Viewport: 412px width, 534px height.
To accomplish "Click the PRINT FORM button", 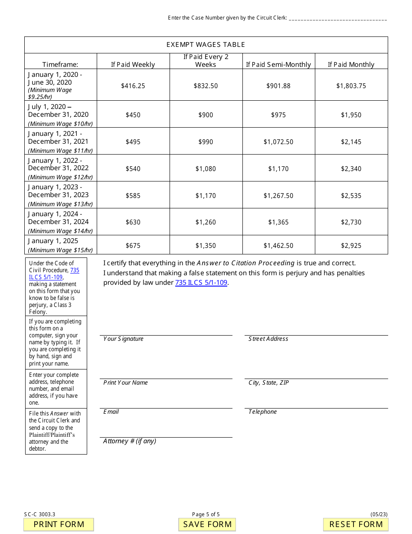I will [x=59, y=524].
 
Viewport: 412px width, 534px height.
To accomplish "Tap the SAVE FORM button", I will [x=207, y=524].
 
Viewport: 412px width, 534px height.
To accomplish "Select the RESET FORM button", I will [x=356, y=524].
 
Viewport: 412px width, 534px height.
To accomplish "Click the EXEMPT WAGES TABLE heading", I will [x=206, y=45].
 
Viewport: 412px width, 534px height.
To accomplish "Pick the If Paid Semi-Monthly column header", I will [x=278, y=64].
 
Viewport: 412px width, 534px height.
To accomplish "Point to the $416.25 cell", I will [x=133, y=86].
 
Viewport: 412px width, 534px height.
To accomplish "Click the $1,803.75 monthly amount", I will [x=351, y=86].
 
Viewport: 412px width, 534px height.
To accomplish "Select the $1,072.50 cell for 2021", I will [x=278, y=142].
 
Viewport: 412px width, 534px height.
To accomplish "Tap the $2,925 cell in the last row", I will [x=351, y=245].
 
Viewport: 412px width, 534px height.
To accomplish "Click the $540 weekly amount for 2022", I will [x=133, y=168].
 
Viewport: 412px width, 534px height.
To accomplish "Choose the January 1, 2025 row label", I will [x=53, y=241].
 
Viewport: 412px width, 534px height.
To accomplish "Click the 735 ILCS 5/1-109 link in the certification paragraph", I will [x=201, y=283].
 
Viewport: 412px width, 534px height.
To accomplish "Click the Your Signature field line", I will [x=166, y=331].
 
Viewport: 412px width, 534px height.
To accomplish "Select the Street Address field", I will [x=316, y=331].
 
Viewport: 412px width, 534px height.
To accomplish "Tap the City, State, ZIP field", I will [x=316, y=374].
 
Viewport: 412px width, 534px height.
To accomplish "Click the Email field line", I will [x=166, y=404].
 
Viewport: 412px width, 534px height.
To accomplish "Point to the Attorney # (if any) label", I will [x=130, y=441].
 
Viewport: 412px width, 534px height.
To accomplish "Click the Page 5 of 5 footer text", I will [x=206, y=514].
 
